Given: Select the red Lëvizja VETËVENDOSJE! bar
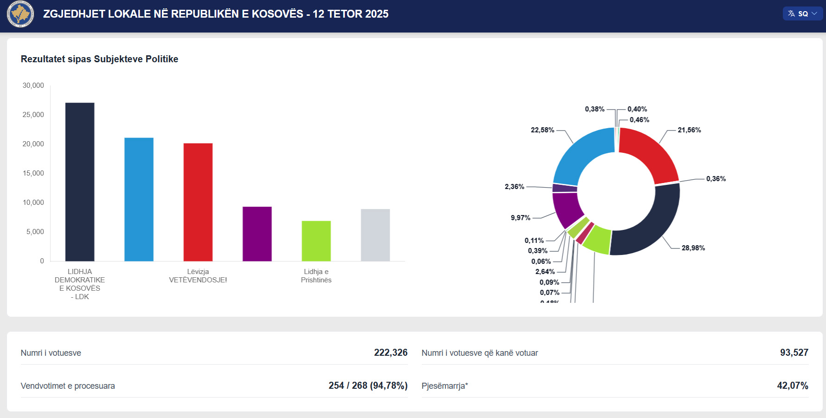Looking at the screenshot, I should pos(198,202).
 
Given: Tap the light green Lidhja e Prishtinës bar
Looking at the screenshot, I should pos(316,241).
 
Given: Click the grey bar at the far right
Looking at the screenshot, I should pos(375,235).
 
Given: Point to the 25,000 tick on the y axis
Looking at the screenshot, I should pos(33,115).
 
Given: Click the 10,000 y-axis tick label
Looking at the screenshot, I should pos(33,202).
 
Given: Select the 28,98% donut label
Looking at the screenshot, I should pos(693,248).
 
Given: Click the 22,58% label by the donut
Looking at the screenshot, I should pos(542,130).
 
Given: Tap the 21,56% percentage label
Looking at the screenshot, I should pos(689,130).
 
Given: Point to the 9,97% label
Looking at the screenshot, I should pos(521,218).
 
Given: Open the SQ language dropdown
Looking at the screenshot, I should pos(803,14).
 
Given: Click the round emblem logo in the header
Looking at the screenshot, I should pos(20,14).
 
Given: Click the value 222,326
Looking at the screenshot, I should pos(391,353).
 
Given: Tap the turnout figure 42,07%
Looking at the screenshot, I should pos(793,385).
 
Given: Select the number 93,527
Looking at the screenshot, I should pos(794,353).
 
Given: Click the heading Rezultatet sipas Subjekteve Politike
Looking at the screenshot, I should pos(99,59).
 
